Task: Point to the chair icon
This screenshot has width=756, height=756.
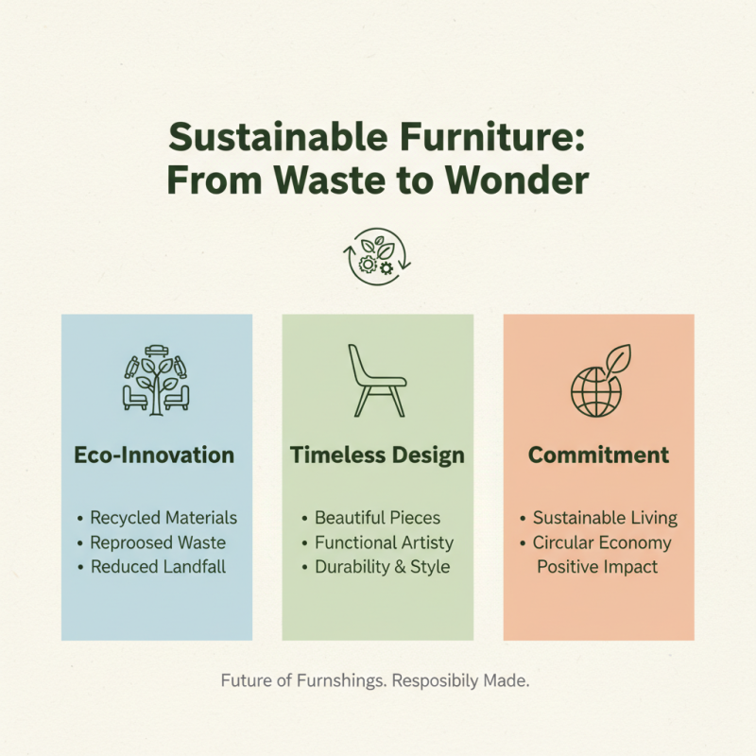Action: coord(377,380)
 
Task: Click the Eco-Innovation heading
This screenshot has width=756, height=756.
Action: coord(154,455)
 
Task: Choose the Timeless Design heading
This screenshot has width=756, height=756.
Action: coord(377,455)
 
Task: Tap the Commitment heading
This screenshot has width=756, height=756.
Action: coord(598,455)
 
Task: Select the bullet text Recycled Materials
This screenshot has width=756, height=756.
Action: coord(163,518)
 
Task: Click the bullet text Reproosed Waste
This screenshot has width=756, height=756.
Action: coord(158,542)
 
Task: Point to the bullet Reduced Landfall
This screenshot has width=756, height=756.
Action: coord(158,567)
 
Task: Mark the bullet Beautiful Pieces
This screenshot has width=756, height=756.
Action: coord(377,518)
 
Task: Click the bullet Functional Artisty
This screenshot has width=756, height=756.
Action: coord(384,542)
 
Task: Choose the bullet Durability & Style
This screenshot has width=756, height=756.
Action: coord(383,567)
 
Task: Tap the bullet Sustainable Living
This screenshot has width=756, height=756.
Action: coord(605,518)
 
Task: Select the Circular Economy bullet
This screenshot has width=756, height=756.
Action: coord(602,542)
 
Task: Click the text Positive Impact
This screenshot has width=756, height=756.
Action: coord(598,567)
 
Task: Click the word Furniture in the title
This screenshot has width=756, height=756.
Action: coord(497,139)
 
